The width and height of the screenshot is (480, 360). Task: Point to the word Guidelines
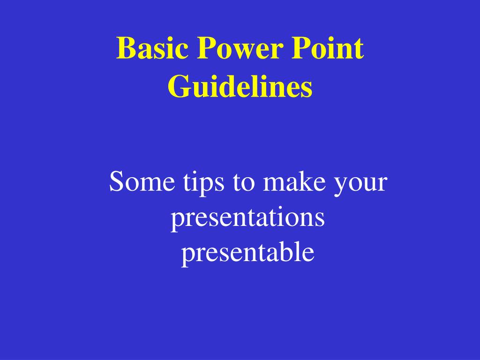coord(240,87)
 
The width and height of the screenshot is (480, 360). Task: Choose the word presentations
coord(247,218)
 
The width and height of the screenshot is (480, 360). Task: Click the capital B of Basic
coord(125,49)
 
